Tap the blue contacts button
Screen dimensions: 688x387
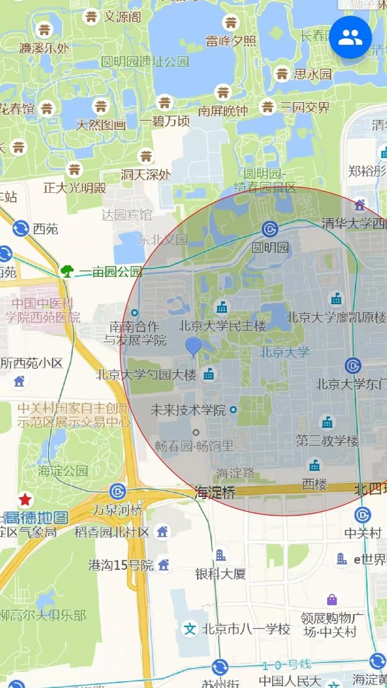pyautogui.click(x=350, y=38)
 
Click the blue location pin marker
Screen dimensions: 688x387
pyautogui.click(x=193, y=347)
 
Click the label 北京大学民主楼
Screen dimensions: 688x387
pyautogui.click(x=222, y=326)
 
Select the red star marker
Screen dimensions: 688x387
pyautogui.click(x=26, y=499)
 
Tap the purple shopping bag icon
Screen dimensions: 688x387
pyautogui.click(x=332, y=599)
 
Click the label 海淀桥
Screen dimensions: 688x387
pyautogui.click(x=215, y=492)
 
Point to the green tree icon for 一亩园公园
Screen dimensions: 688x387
pyautogui.click(x=67, y=271)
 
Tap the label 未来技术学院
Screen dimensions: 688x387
pyautogui.click(x=187, y=410)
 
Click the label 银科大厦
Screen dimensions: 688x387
pyautogui.click(x=220, y=574)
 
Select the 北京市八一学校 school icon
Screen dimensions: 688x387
pyautogui.click(x=191, y=629)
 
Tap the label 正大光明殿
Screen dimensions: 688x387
pyautogui.click(x=75, y=187)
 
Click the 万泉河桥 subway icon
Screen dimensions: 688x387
pyautogui.click(x=118, y=492)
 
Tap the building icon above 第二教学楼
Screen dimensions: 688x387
pyautogui.click(x=327, y=422)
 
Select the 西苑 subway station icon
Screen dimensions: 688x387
pyautogui.click(x=20, y=229)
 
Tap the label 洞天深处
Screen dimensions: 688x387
pyautogui.click(x=146, y=175)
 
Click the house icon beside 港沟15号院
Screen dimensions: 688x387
pyautogui.click(x=163, y=564)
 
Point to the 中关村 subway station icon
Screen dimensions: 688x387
pyautogui.click(x=363, y=515)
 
